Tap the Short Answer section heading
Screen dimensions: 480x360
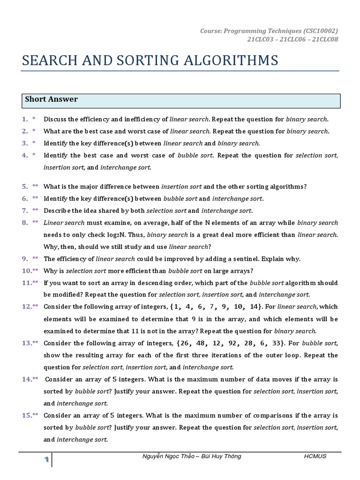[x=51, y=99]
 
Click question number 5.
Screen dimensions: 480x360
[x=25, y=186]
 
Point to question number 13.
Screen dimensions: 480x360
[x=27, y=343]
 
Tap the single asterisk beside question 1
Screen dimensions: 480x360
[x=34, y=119]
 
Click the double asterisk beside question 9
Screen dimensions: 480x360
[x=36, y=258]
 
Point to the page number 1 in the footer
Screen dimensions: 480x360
[x=47, y=460]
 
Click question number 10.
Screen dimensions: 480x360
[x=27, y=270]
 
